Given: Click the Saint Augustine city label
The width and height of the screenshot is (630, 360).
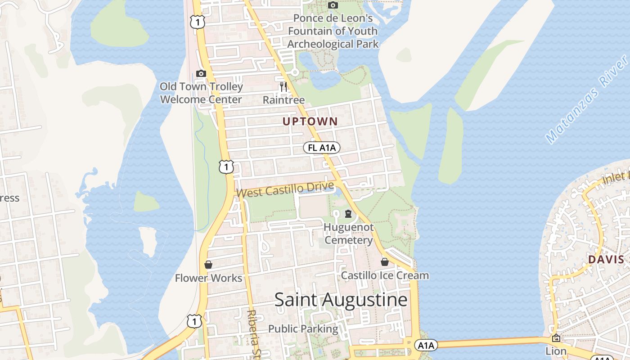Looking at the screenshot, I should pos(341,300).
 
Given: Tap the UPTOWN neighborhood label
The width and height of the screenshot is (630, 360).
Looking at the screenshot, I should pos(310,121).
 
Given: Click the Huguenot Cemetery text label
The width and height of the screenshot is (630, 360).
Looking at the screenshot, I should pos(349,234).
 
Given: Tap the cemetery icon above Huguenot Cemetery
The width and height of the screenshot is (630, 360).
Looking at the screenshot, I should pos(348,213).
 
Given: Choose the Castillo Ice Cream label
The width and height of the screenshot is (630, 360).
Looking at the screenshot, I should pos(385,275).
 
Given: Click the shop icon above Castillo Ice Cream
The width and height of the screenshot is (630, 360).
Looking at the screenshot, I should pos(385,261).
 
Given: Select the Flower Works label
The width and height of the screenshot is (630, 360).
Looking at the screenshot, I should pos(208,278).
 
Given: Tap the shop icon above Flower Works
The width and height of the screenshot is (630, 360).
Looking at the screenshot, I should pos(208,265).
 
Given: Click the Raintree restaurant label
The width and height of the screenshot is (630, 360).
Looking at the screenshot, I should pos(283,100).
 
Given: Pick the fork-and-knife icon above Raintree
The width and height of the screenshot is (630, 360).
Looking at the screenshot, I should pos(283,87).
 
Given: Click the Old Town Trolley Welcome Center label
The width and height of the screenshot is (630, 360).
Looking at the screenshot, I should pos(201,93).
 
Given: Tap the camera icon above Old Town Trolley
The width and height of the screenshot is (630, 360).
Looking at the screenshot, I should pos(201,73).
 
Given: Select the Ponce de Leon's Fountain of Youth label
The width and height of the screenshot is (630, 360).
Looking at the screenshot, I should pos(333,31).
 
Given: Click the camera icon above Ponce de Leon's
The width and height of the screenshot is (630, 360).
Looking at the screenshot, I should pos(333,5).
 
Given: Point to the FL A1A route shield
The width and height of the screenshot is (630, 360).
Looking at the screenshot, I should pos(321,148).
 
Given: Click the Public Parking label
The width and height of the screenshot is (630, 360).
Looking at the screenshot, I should pos(303,329).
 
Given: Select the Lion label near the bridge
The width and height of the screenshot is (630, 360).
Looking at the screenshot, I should pos(556,351).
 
